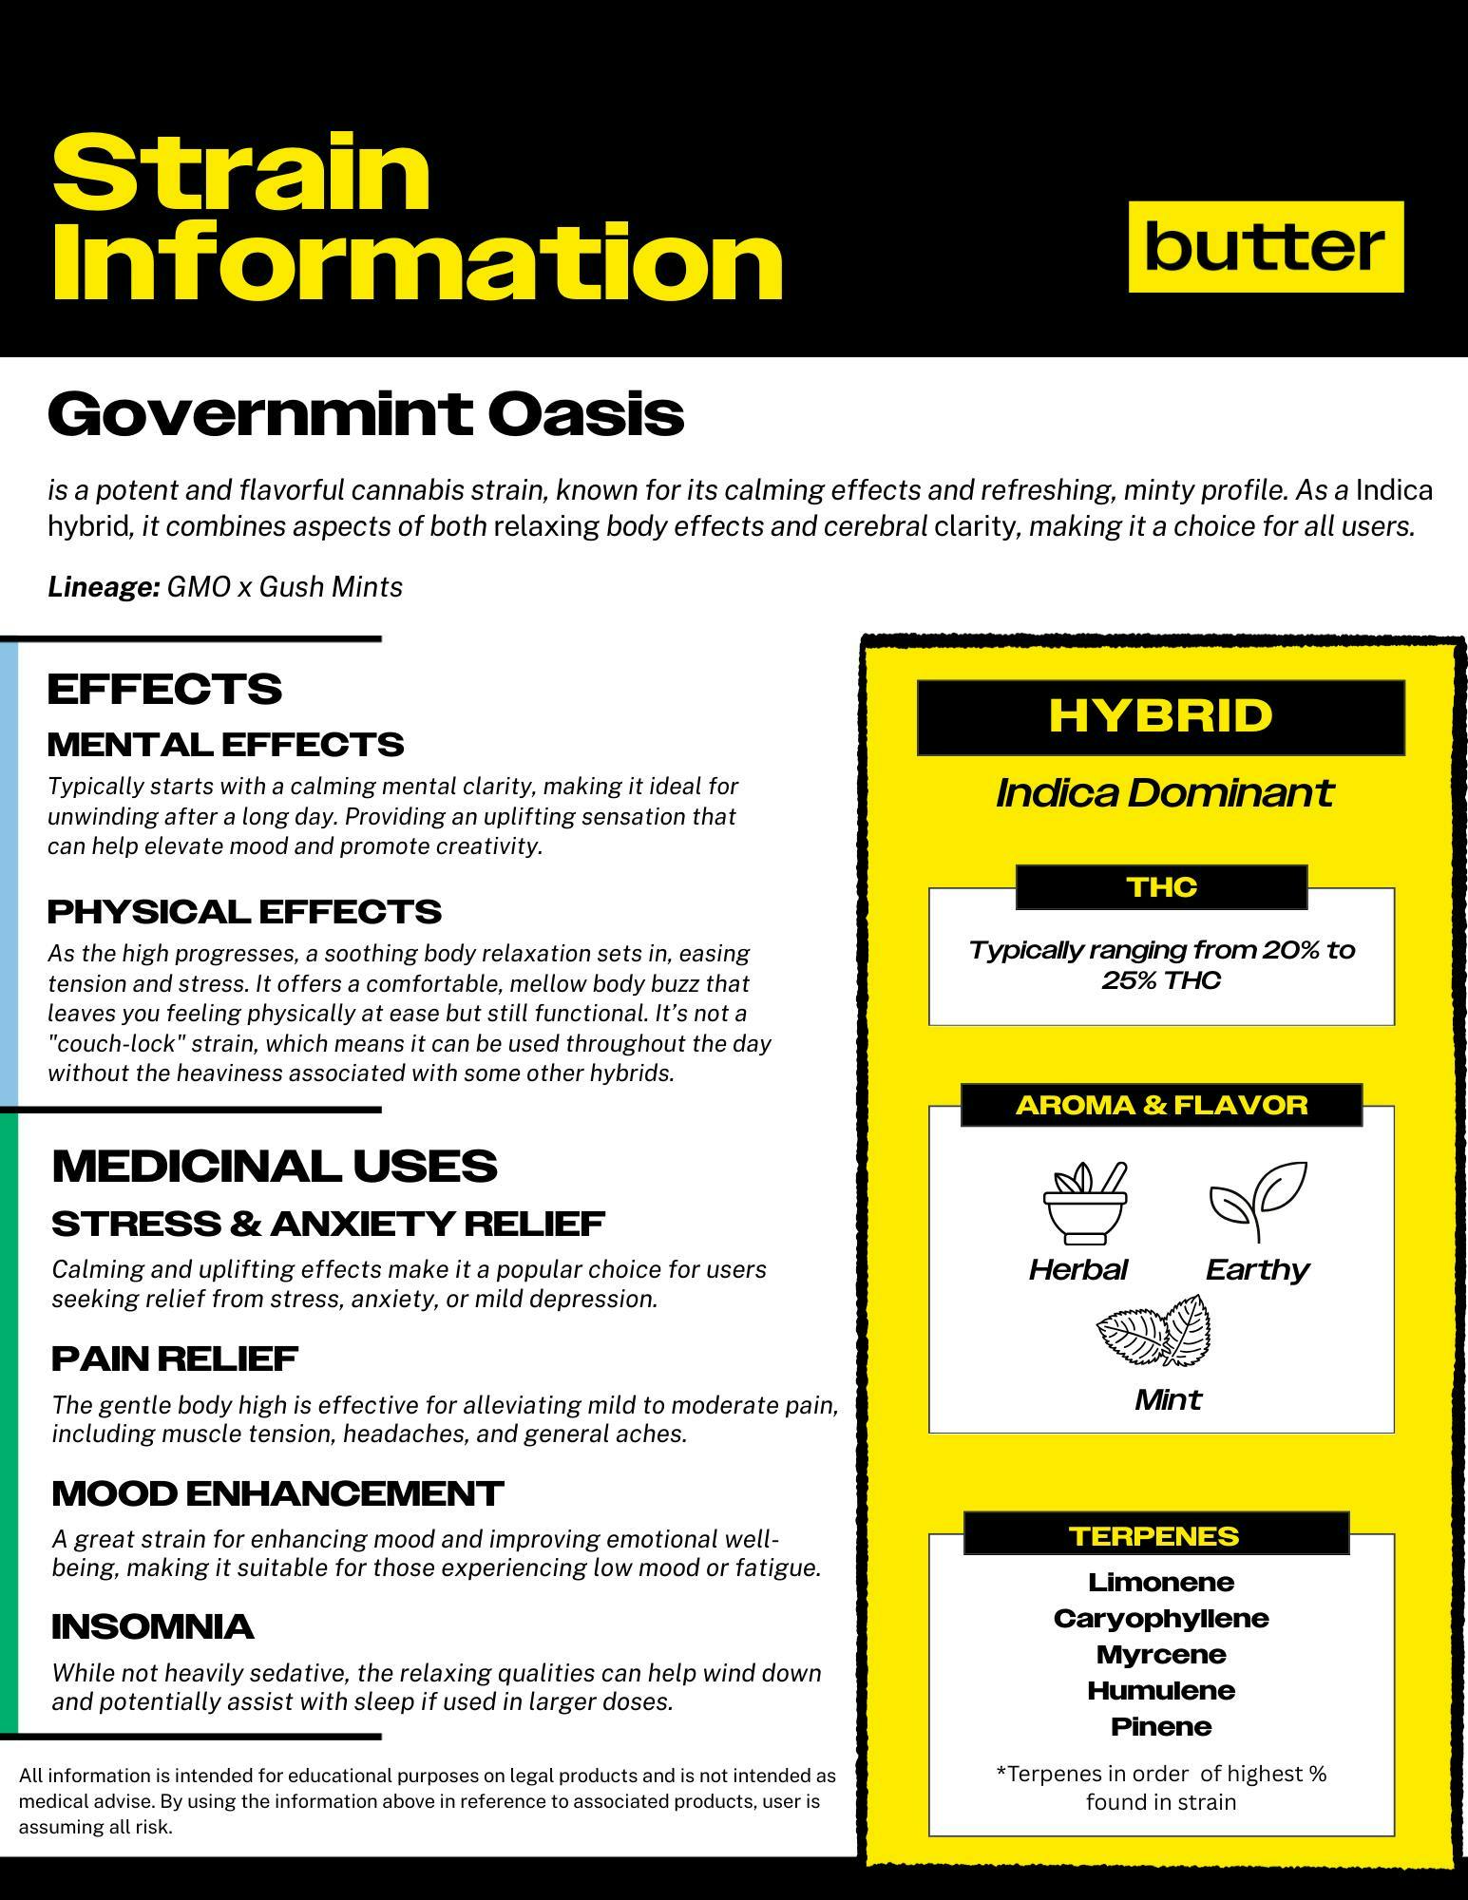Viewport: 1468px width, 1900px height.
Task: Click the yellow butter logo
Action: (1265, 246)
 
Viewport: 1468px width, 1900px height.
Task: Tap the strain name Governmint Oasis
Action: (366, 414)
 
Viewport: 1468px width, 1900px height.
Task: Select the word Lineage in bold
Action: (103, 587)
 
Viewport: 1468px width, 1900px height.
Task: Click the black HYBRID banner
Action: (1160, 716)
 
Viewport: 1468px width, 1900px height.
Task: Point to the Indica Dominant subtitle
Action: (1164, 792)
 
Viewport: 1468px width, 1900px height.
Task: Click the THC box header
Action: (1161, 887)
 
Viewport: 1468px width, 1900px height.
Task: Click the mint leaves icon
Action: (1154, 1330)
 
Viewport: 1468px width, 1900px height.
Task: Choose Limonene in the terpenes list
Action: (1161, 1582)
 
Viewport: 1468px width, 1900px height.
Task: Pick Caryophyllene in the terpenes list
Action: (1161, 1618)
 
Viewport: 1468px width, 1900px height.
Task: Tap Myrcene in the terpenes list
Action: (1161, 1654)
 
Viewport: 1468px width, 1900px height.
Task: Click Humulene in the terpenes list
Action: (1161, 1690)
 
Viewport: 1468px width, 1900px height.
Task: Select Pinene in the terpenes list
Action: (1161, 1726)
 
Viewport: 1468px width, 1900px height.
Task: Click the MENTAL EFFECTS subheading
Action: (225, 744)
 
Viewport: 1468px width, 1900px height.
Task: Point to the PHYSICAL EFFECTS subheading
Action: (244, 911)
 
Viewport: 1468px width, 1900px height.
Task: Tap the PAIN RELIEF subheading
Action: (175, 1358)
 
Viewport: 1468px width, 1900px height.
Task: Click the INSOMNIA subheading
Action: (153, 1626)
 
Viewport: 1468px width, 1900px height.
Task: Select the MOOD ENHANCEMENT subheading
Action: (277, 1493)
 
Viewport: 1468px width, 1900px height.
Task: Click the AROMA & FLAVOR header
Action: (1161, 1105)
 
